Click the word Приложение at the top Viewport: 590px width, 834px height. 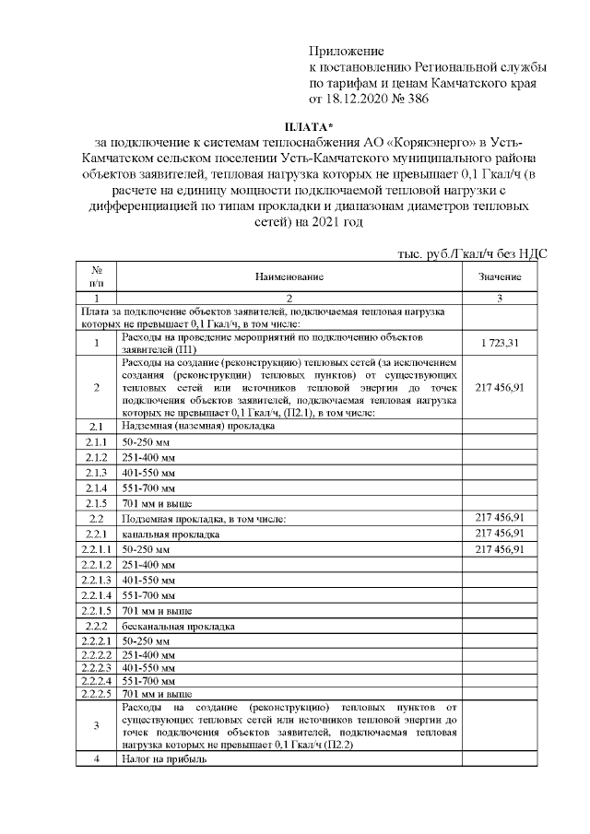pyautogui.click(x=346, y=52)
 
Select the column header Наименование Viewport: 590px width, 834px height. pyautogui.click(x=288, y=276)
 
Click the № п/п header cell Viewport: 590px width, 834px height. pyautogui.click(x=96, y=276)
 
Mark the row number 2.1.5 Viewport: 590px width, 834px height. pyautogui.click(x=96, y=503)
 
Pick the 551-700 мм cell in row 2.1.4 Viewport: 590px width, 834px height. pyautogui.click(x=148, y=487)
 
